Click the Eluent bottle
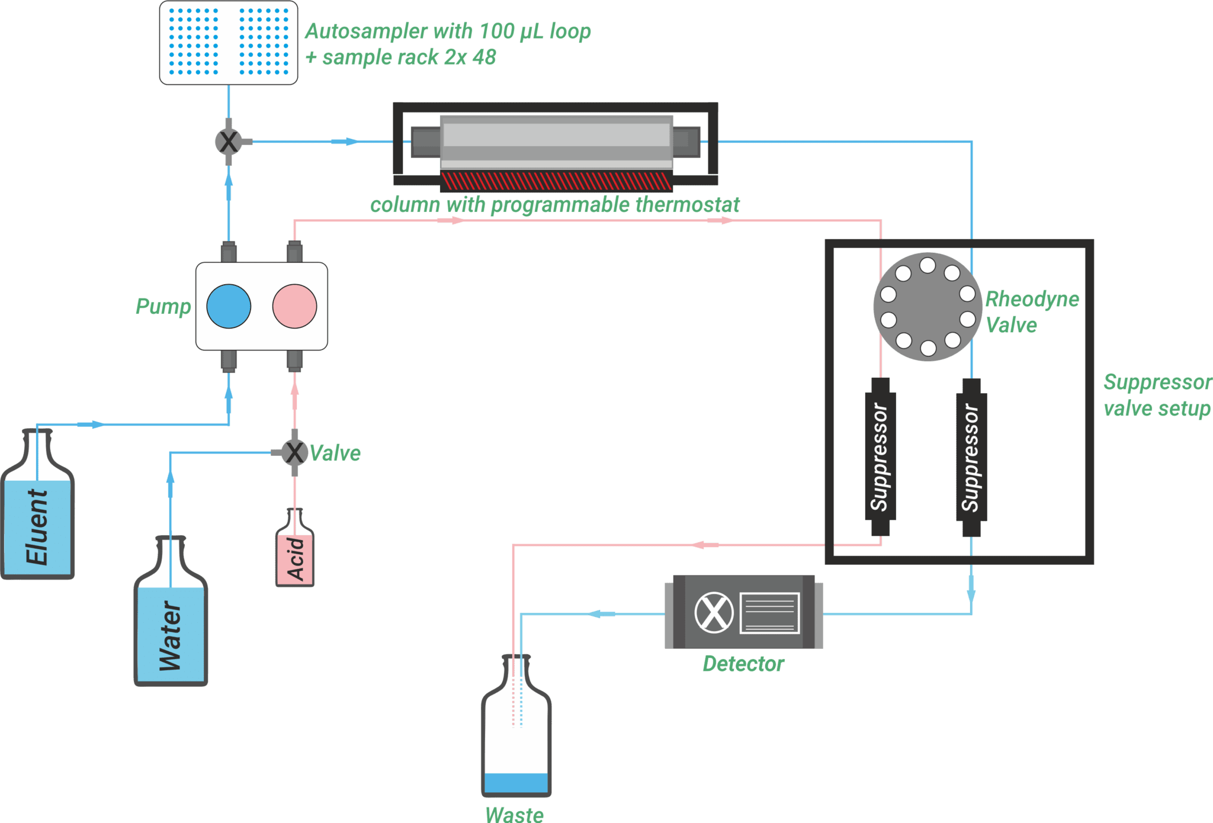(38, 521)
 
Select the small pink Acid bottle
(295, 557)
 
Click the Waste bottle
(516, 740)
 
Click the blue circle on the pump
(229, 306)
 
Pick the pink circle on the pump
(294, 306)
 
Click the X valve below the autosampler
(229, 142)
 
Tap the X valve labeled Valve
(294, 453)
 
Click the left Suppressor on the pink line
(880, 456)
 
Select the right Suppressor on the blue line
(971, 456)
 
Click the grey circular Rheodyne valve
(928, 307)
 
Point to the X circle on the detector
(714, 612)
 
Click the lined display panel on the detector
(769, 613)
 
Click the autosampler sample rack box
(229, 43)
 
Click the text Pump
(163, 306)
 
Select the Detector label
(743, 664)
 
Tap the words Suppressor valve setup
(1156, 396)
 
